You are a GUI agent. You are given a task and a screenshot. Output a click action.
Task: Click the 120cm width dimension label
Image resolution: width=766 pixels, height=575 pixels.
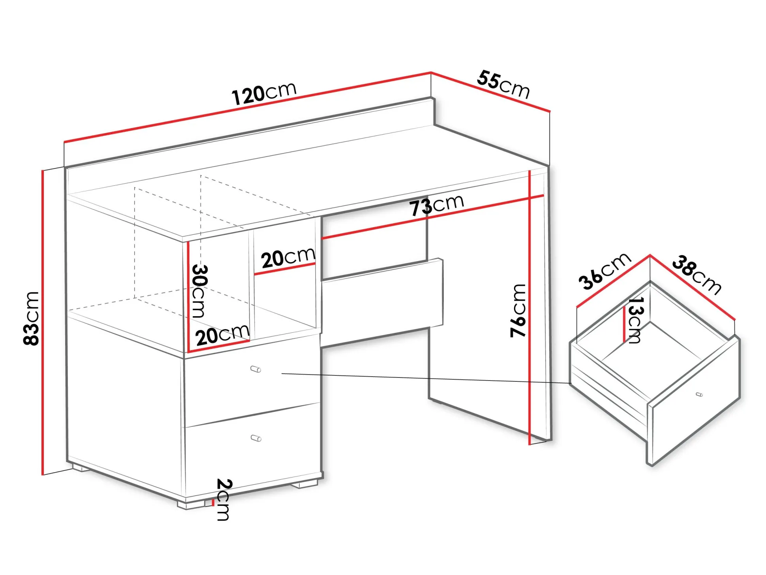pyautogui.click(x=264, y=94)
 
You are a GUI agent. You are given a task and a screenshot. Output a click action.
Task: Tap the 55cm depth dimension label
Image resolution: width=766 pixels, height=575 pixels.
pyautogui.click(x=503, y=84)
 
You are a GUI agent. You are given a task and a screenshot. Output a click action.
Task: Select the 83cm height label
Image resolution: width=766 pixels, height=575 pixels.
pyautogui.click(x=31, y=319)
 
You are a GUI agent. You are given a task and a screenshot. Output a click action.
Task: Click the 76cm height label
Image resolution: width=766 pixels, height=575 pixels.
pyautogui.click(x=518, y=311)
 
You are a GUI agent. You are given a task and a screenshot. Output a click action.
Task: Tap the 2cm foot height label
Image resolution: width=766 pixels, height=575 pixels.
pyautogui.click(x=224, y=500)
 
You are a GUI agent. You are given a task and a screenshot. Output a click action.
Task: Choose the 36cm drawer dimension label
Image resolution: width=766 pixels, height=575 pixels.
pyautogui.click(x=605, y=271)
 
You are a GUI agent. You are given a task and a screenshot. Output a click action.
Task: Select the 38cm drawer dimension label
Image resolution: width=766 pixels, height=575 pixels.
pyautogui.click(x=697, y=275)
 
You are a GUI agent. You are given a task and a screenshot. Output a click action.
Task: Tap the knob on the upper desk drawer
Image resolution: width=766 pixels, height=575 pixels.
pyautogui.click(x=256, y=370)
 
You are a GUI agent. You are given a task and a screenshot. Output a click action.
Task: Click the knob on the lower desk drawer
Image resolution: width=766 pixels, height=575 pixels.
pyautogui.click(x=256, y=438)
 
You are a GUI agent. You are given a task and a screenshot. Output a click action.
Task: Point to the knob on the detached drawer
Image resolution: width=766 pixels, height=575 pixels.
pyautogui.click(x=699, y=394)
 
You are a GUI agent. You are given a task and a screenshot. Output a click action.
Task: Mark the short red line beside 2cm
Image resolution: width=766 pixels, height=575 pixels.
pyautogui.click(x=213, y=502)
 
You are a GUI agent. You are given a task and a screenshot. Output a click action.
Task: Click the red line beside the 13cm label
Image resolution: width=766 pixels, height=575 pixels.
pyautogui.click(x=624, y=324)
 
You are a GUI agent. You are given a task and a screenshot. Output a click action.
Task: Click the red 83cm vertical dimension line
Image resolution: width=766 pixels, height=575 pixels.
pyautogui.click(x=42, y=322)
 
